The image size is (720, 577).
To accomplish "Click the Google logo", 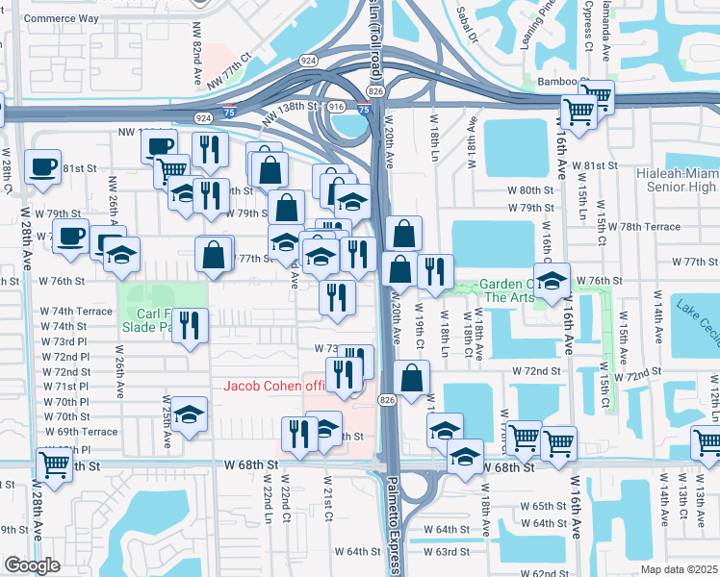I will pos(32,565).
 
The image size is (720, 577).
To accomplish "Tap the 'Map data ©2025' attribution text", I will pos(679,569).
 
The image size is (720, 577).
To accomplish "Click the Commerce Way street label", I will pos(61,18).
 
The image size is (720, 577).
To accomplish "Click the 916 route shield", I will pos(337,107).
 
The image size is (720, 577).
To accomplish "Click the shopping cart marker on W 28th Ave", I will pos(55,465).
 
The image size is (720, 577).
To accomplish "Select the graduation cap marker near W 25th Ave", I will pos(190,414).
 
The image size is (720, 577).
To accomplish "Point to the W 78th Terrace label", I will pos(650,227).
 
